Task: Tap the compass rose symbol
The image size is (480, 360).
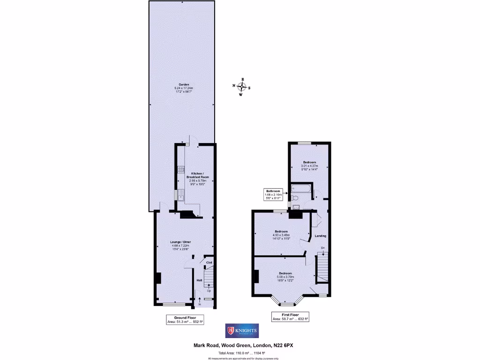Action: tap(242, 87)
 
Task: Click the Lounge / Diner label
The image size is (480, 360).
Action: tap(180, 245)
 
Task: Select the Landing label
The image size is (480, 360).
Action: tap(321, 236)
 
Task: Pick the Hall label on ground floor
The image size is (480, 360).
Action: tap(199, 280)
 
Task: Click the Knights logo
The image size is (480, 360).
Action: tap(242, 330)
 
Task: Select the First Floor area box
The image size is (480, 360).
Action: tap(291, 317)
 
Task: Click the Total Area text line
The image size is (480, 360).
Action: tap(242, 352)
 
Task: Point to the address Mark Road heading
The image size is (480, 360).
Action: tap(244, 345)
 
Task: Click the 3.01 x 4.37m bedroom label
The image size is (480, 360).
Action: tap(309, 166)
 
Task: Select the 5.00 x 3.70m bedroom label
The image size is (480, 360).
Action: tap(285, 277)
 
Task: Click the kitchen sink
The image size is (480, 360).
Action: tap(180, 194)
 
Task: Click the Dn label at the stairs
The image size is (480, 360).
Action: tap(323, 248)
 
